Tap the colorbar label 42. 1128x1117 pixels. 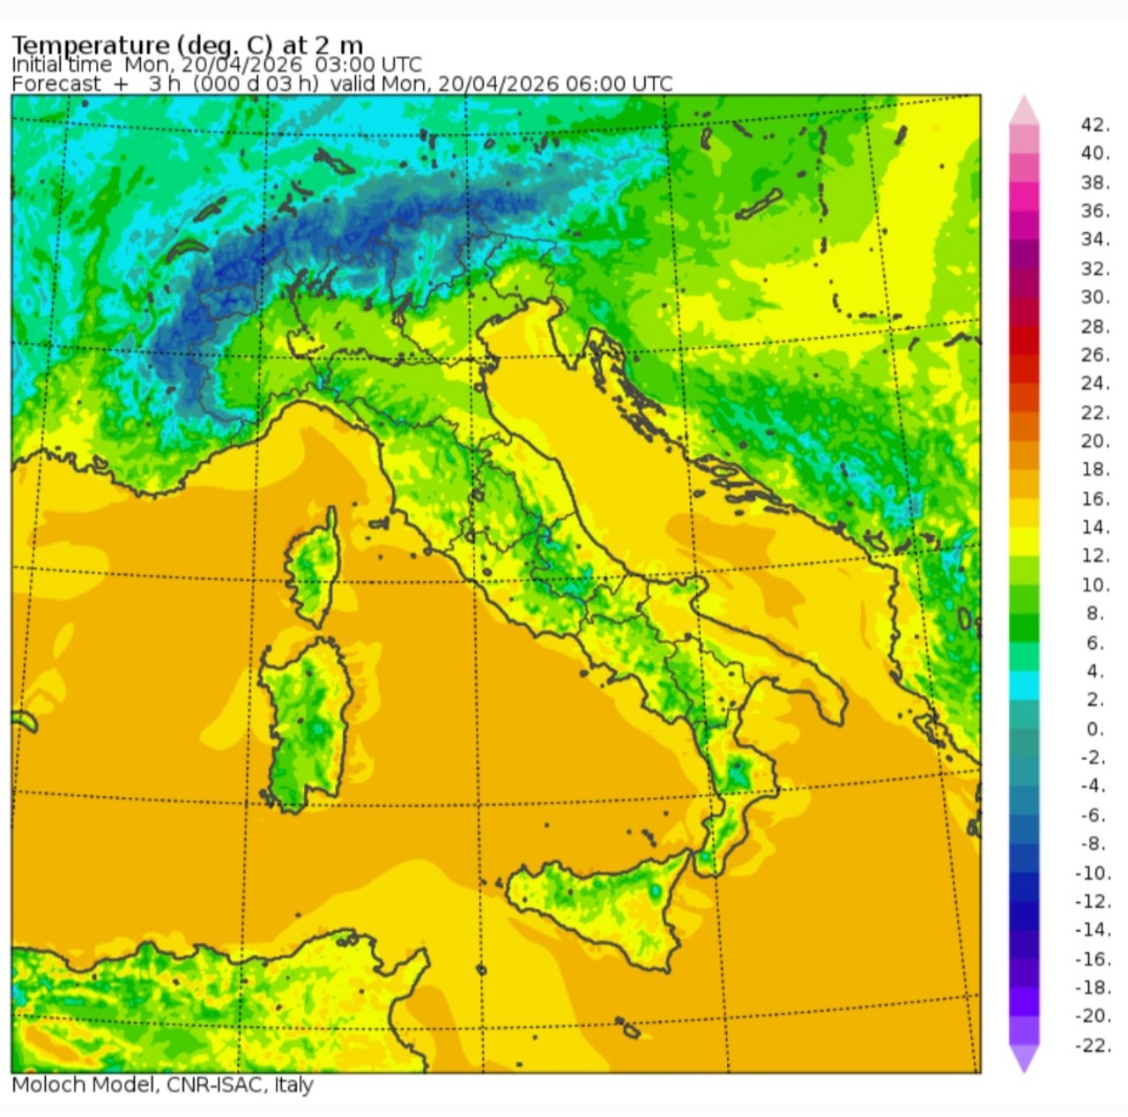[x=1095, y=124]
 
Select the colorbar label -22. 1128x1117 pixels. [x=1094, y=1045]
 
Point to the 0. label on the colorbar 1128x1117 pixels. [x=1095, y=729]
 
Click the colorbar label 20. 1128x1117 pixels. [x=1095, y=441]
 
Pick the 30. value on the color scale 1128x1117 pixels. [x=1095, y=297]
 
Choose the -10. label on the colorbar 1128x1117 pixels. [x=1093, y=873]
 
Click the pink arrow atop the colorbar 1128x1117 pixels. [x=1024, y=109]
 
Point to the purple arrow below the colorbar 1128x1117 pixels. [x=1024, y=1059]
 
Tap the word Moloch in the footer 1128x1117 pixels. [x=46, y=1084]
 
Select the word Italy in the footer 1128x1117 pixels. [x=293, y=1084]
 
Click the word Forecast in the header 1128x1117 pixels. [x=56, y=84]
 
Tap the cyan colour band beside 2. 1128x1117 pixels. [x=1024, y=685]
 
